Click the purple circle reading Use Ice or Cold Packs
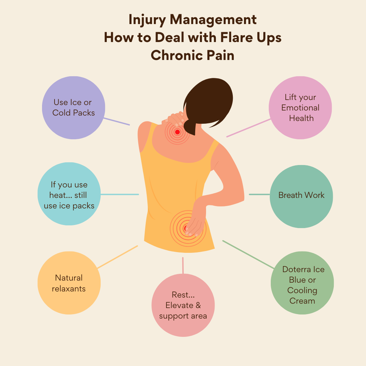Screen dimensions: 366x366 [x=74, y=107]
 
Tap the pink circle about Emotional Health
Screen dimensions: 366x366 [x=300, y=108]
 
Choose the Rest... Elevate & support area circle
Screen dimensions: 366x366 [x=183, y=305]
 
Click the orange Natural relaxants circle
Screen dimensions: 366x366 [x=69, y=283]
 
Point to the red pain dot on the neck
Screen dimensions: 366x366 [x=177, y=132]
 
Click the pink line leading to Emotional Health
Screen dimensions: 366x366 [x=248, y=128]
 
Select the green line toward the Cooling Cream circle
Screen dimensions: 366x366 [x=248, y=255]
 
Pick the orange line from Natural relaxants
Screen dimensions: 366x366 [x=117, y=257]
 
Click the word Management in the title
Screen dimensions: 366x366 [x=213, y=20]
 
